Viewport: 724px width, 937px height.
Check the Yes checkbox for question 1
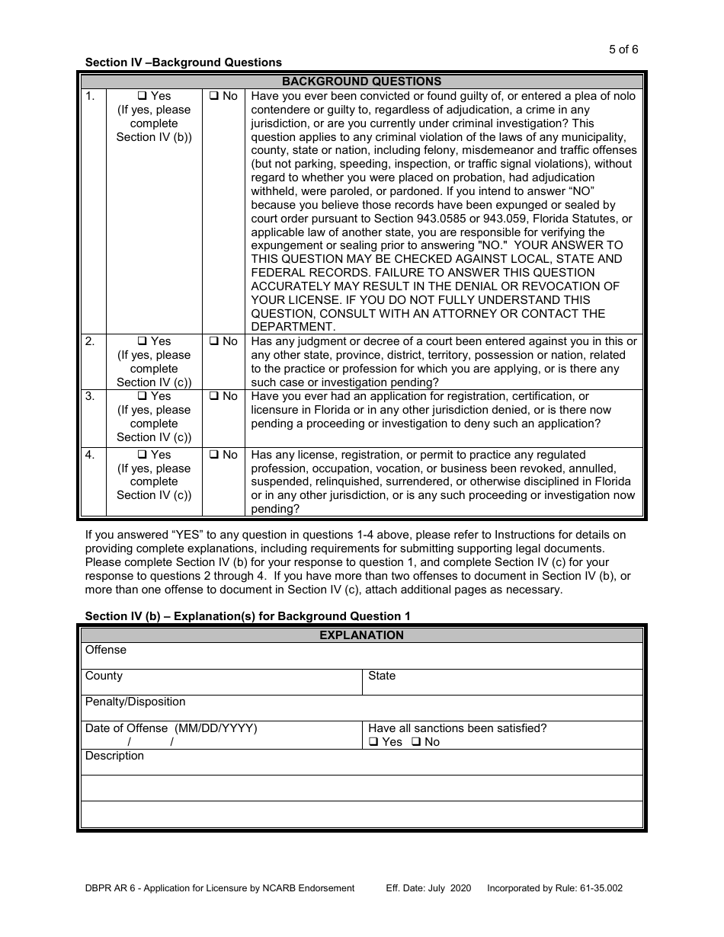(x=142, y=96)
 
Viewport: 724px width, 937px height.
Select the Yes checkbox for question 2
(x=142, y=341)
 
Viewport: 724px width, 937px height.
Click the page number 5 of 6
(x=623, y=50)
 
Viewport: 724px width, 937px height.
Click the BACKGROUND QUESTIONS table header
(x=361, y=82)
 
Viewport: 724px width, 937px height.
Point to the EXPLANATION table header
(x=361, y=635)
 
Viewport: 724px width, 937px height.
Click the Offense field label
(x=106, y=650)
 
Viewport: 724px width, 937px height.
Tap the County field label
(x=104, y=676)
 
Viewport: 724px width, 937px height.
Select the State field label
(x=382, y=676)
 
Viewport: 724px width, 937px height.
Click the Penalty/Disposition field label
(x=135, y=702)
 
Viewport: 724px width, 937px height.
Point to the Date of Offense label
(x=171, y=728)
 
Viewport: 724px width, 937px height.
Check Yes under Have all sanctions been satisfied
(x=373, y=742)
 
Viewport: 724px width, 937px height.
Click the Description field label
(x=114, y=756)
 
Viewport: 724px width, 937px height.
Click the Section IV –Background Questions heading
(x=183, y=62)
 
